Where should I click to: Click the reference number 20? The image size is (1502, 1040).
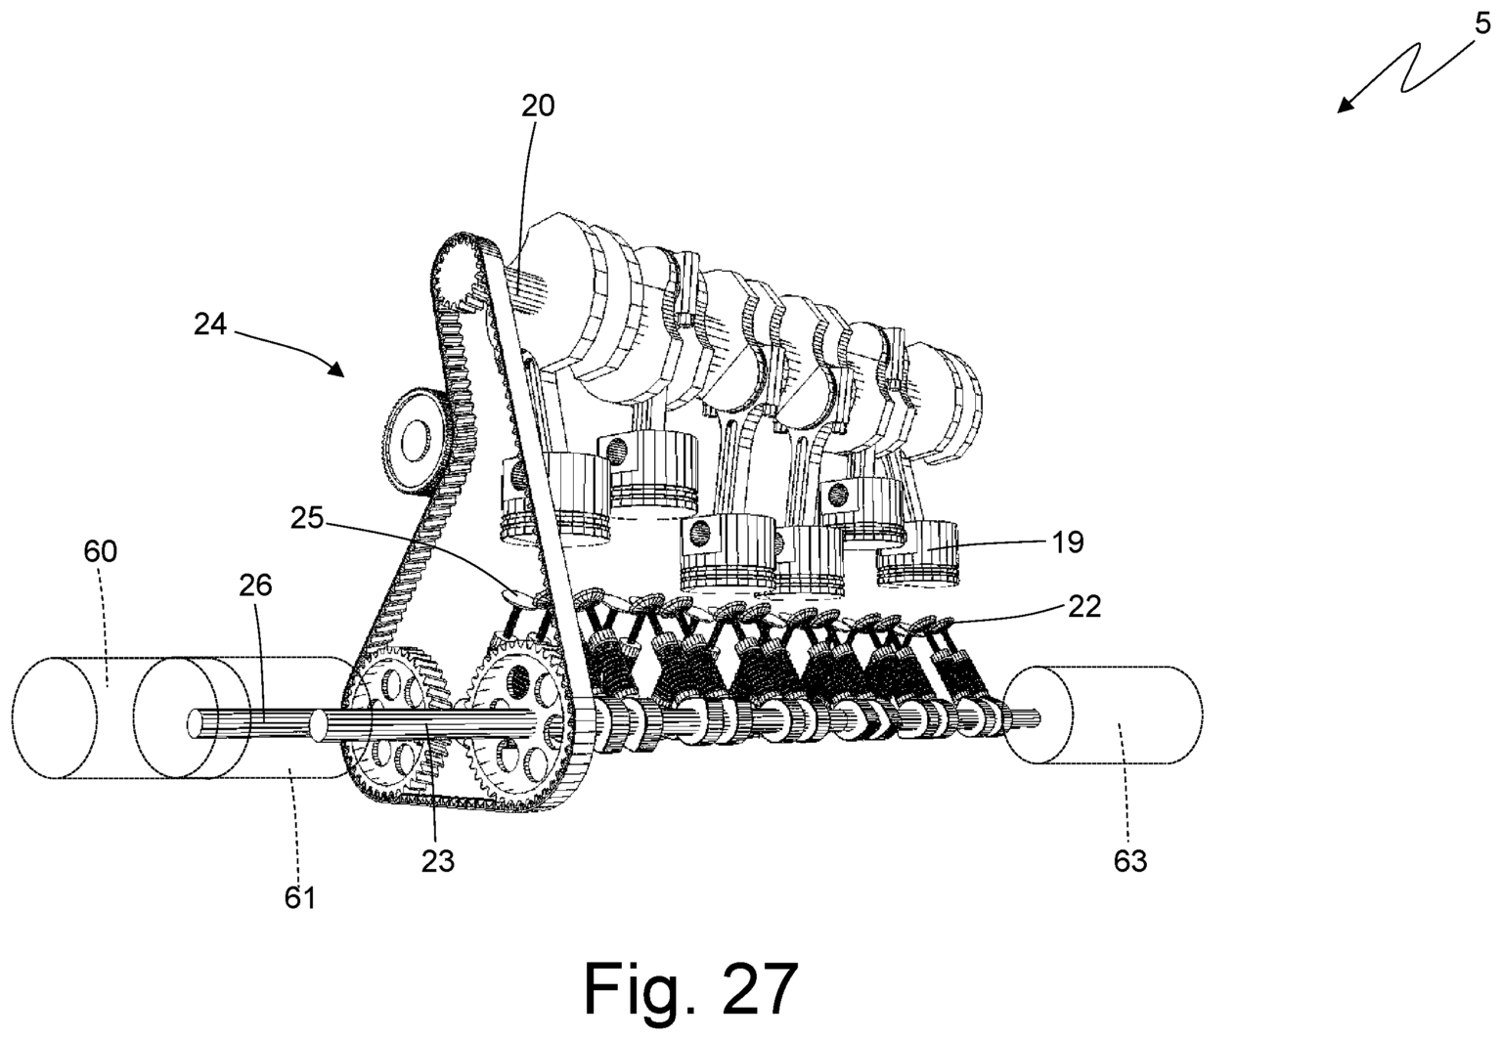point(537,106)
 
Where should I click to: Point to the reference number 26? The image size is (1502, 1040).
point(254,585)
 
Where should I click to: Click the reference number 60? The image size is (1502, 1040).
point(100,552)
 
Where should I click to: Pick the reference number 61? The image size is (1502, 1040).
point(300,895)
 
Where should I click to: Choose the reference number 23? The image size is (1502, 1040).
point(438,860)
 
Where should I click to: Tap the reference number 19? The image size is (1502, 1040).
point(1068,542)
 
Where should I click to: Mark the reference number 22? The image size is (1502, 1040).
point(1083,606)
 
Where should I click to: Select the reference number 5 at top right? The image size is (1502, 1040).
point(1482,24)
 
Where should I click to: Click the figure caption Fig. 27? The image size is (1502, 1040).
point(690,988)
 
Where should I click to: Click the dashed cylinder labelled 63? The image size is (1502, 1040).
point(1105,715)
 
